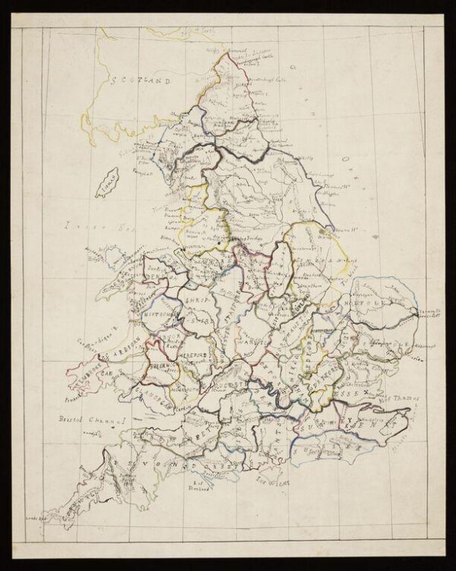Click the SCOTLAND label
141,79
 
